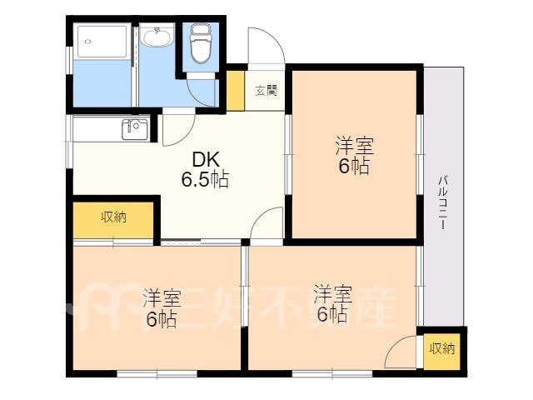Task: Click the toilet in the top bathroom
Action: pyautogui.click(x=201, y=42)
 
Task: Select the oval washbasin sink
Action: pyautogui.click(x=157, y=37)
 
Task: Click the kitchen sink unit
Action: pyautogui.click(x=135, y=130)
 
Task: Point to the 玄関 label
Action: pyautogui.click(x=266, y=91)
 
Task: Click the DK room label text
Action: pyautogui.click(x=206, y=159)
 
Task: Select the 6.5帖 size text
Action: pyautogui.click(x=205, y=179)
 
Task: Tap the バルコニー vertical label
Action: pyautogui.click(x=442, y=202)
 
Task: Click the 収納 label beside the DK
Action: pyautogui.click(x=113, y=217)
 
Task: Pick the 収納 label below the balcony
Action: pyautogui.click(x=442, y=348)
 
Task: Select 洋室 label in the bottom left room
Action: pyautogui.click(x=162, y=297)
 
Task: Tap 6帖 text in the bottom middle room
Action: pyautogui.click(x=332, y=314)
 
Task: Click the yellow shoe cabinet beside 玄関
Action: pyautogui.click(x=235, y=91)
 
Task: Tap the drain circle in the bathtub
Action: pyautogui.click(x=88, y=42)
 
